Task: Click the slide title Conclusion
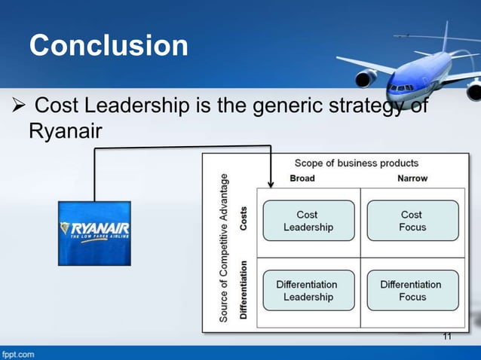click(109, 46)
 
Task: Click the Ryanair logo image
click(94, 233)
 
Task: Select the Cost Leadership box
click(308, 221)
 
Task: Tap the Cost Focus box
click(412, 221)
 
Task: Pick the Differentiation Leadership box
click(307, 290)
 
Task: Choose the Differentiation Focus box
click(411, 290)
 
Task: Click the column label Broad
click(302, 178)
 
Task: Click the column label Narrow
click(412, 178)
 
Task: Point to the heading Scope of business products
click(356, 163)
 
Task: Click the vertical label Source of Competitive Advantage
click(224, 248)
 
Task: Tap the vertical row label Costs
click(244, 219)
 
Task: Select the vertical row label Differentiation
click(244, 290)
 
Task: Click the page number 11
click(447, 336)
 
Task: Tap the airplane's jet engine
click(367, 78)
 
